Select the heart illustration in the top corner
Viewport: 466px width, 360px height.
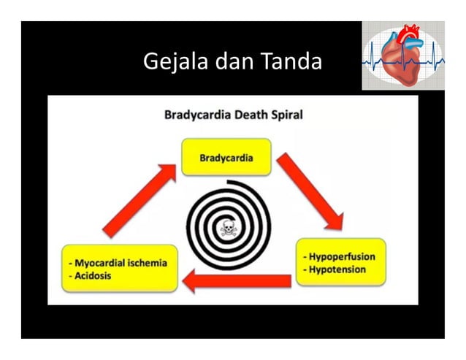click(402, 55)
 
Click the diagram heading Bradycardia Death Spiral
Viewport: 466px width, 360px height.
click(233, 115)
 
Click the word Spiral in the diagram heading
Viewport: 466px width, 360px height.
click(285, 115)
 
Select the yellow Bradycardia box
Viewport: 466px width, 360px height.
click(226, 157)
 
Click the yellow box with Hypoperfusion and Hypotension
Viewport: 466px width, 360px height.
click(340, 264)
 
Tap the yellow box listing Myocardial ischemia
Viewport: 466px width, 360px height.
click(119, 268)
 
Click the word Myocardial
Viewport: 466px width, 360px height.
click(102, 262)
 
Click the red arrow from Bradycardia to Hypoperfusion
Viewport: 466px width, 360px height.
click(310, 188)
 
